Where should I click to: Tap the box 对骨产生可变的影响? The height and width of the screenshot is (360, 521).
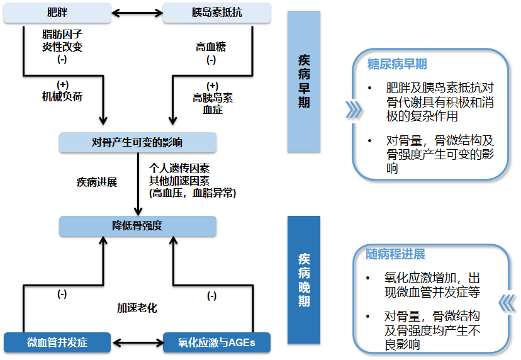coord(138,143)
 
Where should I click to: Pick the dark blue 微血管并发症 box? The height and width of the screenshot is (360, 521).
coord(57,343)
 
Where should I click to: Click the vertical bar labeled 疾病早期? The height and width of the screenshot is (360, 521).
coord(304,82)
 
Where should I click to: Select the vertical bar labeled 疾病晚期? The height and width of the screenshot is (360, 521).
coord(304,280)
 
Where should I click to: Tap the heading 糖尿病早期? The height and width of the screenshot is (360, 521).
coord(397,64)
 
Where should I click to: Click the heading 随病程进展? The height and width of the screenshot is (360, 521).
coord(396,255)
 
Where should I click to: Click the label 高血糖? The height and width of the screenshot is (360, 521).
coord(211,47)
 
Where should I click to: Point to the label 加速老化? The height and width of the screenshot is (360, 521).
coord(137,308)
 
